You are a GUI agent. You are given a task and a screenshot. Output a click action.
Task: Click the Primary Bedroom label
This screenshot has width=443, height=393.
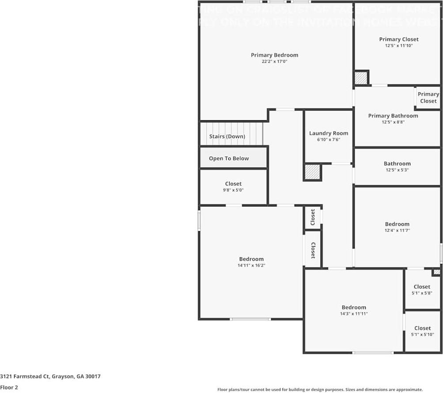click(274, 55)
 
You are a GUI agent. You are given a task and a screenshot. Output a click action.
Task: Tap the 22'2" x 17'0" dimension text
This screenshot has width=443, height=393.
click(274, 62)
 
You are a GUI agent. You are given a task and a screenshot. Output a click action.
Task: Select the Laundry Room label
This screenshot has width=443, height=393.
click(328, 133)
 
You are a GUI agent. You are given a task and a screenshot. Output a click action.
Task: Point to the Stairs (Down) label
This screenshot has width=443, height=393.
click(227, 137)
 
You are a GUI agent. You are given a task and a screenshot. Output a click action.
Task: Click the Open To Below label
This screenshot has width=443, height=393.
click(229, 158)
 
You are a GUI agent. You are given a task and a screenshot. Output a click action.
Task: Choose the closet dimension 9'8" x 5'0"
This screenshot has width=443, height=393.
click(233, 190)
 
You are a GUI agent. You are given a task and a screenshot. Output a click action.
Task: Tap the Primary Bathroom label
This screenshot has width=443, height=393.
click(393, 116)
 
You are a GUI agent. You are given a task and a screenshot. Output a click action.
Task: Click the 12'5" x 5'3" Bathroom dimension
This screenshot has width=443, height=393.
click(397, 170)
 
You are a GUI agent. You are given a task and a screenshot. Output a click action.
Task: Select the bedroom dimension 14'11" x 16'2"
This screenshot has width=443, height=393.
click(251, 265)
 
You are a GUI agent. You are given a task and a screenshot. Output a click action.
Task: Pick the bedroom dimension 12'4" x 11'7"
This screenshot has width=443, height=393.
click(397, 230)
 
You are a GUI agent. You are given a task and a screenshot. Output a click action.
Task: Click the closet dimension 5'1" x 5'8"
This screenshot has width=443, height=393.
click(422, 293)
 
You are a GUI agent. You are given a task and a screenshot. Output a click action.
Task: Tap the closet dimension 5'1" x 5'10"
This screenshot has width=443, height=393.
click(422, 334)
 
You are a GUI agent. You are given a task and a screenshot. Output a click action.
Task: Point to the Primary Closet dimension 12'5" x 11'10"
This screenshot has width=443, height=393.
click(399, 46)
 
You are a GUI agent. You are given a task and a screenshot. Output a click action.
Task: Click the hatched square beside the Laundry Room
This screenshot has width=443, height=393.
click(312, 172)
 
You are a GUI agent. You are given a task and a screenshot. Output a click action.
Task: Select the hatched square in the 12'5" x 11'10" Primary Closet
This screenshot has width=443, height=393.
click(361, 78)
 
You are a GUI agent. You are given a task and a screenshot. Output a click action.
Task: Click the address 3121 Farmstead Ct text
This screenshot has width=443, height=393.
click(50, 377)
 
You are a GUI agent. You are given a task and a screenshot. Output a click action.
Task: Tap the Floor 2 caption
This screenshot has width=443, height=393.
click(9, 387)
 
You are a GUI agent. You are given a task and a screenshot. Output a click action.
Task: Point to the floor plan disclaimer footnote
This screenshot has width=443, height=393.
click(320, 389)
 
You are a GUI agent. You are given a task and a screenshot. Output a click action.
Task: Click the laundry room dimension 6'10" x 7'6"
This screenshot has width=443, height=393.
click(328, 140)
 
